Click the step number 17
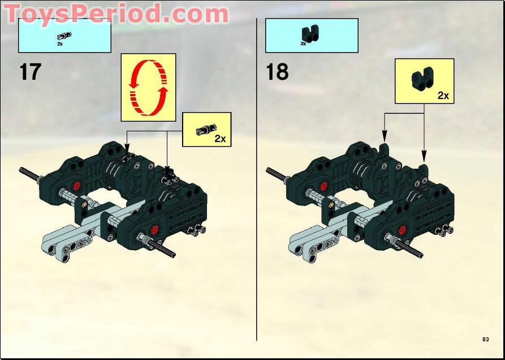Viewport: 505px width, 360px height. coord(31,72)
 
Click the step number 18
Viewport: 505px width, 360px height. coord(277,72)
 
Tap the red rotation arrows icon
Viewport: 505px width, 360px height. coord(148,87)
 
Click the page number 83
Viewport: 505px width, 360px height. coord(485,339)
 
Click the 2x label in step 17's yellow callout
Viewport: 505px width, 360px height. coord(220,139)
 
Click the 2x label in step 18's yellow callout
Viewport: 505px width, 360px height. coord(443,96)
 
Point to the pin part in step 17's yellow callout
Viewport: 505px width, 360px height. coord(202,131)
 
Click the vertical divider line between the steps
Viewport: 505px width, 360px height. coord(257,181)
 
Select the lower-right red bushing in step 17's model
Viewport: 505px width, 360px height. coord(154,229)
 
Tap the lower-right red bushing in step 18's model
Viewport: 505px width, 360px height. coord(400,229)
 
